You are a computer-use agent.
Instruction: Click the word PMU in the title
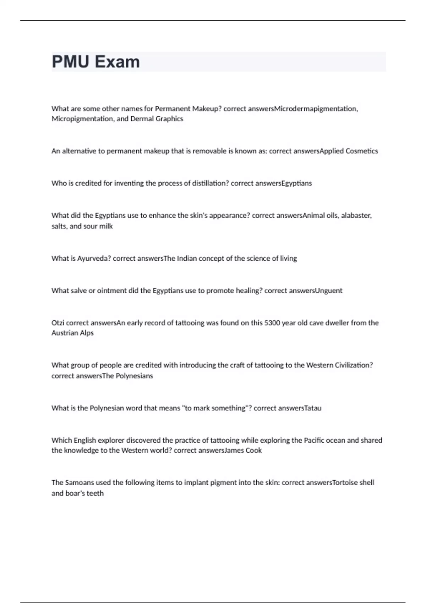click(71, 62)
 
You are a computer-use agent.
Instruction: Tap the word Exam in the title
click(117, 62)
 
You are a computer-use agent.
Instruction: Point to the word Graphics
click(169, 119)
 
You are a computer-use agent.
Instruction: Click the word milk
click(106, 226)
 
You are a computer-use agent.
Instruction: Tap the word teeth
click(95, 493)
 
